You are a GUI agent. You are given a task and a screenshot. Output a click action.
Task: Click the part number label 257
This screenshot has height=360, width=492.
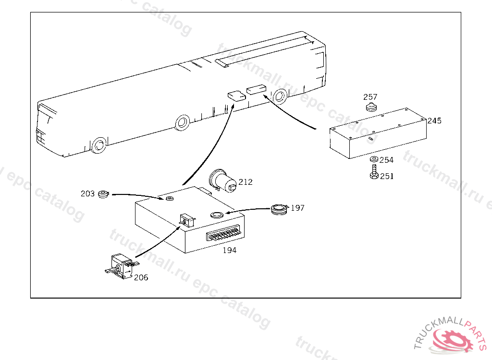pyautogui.click(x=370, y=97)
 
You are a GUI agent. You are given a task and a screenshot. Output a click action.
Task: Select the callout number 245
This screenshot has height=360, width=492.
pyautogui.click(x=434, y=121)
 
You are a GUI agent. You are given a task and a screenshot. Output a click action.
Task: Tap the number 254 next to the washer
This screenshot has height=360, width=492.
pyautogui.click(x=387, y=160)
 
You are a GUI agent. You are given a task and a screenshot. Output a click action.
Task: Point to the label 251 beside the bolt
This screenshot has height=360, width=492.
pyautogui.click(x=387, y=176)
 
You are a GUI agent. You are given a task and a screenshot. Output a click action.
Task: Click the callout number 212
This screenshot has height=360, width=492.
pyautogui.click(x=246, y=182)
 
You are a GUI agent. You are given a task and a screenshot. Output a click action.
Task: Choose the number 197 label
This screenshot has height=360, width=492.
pyautogui.click(x=297, y=208)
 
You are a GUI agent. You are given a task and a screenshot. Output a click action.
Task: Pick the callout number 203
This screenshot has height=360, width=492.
pyautogui.click(x=87, y=193)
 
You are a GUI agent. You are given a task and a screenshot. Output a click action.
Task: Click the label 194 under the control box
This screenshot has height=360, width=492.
pyautogui.click(x=229, y=250)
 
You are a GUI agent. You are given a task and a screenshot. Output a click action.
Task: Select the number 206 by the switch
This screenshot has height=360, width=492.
pyautogui.click(x=141, y=277)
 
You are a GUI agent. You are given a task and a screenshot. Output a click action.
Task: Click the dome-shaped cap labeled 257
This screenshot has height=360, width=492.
pyautogui.click(x=371, y=107)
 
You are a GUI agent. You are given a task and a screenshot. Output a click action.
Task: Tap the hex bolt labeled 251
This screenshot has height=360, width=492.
pyautogui.click(x=374, y=172)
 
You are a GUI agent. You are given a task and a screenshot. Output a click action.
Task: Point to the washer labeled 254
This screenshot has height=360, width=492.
pyautogui.click(x=374, y=159)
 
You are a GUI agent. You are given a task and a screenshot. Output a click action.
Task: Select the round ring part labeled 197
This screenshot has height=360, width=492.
pyautogui.click(x=279, y=209)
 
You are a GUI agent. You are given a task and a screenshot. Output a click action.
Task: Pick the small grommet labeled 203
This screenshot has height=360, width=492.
pyautogui.click(x=103, y=194)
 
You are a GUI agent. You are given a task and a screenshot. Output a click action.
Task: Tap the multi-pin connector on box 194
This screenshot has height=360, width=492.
pyautogui.click(x=225, y=234)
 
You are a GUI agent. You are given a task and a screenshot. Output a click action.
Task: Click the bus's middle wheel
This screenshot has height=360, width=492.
pyautogui.click(x=182, y=122)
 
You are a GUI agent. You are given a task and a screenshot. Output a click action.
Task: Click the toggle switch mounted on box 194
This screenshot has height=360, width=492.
pyautogui.click(x=187, y=220)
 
